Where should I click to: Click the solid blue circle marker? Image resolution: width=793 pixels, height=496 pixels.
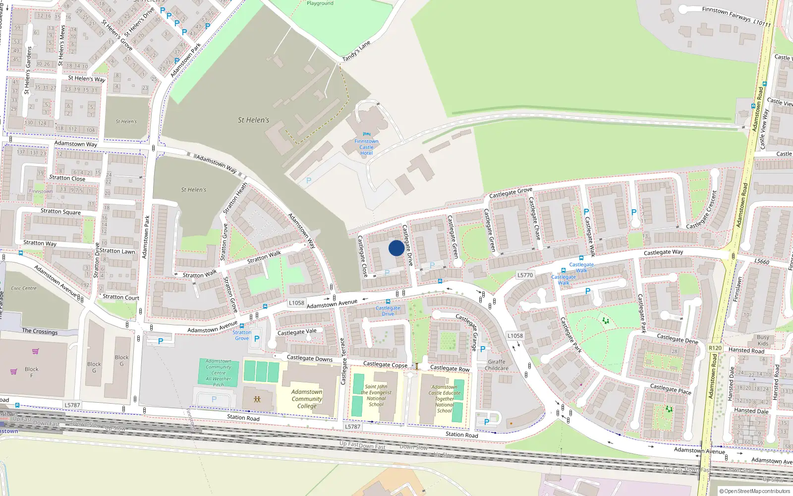point(396,248)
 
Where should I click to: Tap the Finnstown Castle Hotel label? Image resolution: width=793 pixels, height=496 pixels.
point(366,147)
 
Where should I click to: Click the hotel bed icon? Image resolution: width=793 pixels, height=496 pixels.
point(366,134)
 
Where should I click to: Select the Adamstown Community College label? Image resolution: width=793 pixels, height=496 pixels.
point(307,399)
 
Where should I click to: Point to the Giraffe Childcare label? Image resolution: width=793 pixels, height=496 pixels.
point(497,365)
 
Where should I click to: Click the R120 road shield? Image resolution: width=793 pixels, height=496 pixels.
point(715,348)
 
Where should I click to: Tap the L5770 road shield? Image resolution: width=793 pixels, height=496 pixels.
point(525,275)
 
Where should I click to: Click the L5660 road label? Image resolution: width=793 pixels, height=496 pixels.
point(762,261)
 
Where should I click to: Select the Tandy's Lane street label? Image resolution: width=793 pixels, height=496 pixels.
point(356,51)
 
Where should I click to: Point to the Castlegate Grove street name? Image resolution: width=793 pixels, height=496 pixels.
point(510,192)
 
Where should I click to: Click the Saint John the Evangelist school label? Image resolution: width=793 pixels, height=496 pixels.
point(376,395)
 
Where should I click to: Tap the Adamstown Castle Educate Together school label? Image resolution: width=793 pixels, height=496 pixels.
point(445,399)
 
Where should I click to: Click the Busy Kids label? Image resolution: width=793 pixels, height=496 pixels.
point(763,340)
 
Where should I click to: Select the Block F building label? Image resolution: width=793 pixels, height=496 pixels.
point(32,372)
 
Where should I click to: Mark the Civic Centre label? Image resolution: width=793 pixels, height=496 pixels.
point(23,288)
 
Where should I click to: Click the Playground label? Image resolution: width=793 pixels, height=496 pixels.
point(320,3)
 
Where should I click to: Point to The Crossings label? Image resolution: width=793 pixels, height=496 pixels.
point(40,331)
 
